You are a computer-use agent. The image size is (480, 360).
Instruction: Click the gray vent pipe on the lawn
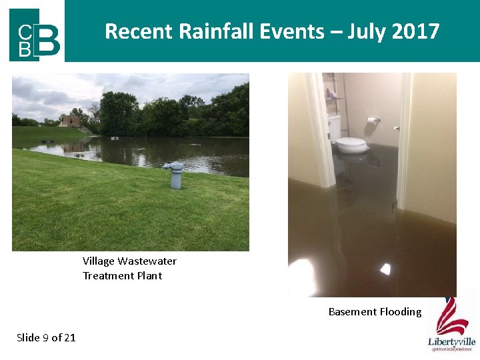(x=175, y=175)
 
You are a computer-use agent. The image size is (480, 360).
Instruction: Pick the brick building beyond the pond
(x=69, y=121)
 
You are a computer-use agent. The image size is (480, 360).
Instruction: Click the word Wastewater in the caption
(x=147, y=261)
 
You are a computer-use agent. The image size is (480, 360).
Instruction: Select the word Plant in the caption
(x=149, y=276)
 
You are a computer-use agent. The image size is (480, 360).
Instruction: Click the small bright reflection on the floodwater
(x=385, y=269)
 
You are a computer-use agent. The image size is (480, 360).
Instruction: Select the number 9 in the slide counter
(x=45, y=337)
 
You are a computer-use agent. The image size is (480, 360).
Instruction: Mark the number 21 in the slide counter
(x=69, y=337)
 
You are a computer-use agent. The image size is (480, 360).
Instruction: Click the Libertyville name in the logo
(x=451, y=341)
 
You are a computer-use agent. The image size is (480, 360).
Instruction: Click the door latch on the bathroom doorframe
(x=396, y=127)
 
